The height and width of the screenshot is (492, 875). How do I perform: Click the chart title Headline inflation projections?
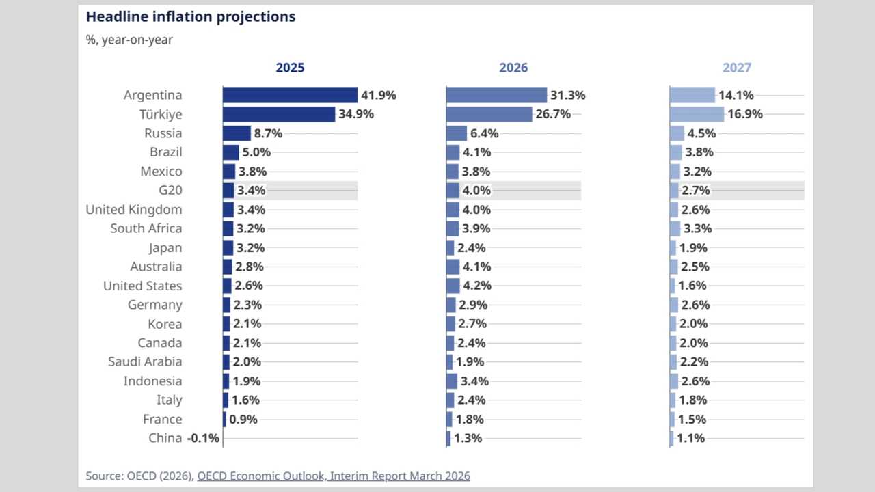coord(191,17)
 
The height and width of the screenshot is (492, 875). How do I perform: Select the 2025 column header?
coord(290,68)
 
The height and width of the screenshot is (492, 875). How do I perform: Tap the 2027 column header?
coord(736,68)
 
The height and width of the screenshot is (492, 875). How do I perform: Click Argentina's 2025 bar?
coord(290,96)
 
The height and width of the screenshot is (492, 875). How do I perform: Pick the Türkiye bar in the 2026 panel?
coord(489,114)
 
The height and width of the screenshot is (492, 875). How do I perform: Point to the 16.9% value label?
coord(744,114)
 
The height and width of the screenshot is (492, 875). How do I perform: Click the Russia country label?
coord(163,133)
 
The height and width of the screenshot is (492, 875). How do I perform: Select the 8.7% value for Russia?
coord(268,133)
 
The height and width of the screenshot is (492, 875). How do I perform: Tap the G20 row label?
coord(170,191)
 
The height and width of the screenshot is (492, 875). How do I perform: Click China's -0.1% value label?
coord(203,439)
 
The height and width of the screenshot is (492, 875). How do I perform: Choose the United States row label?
coord(142,286)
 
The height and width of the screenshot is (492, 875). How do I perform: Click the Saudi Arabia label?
coord(145,362)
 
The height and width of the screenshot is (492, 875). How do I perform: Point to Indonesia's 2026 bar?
coord(452,381)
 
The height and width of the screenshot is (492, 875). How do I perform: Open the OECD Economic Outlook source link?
coord(333,476)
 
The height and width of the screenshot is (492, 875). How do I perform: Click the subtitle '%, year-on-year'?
coord(129,40)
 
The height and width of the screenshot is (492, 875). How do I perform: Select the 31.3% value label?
coord(567,96)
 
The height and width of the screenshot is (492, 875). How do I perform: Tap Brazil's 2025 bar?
coord(231,152)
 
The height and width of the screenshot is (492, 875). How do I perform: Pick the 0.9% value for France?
coord(243,420)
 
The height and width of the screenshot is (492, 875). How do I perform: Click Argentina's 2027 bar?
coord(692,96)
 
